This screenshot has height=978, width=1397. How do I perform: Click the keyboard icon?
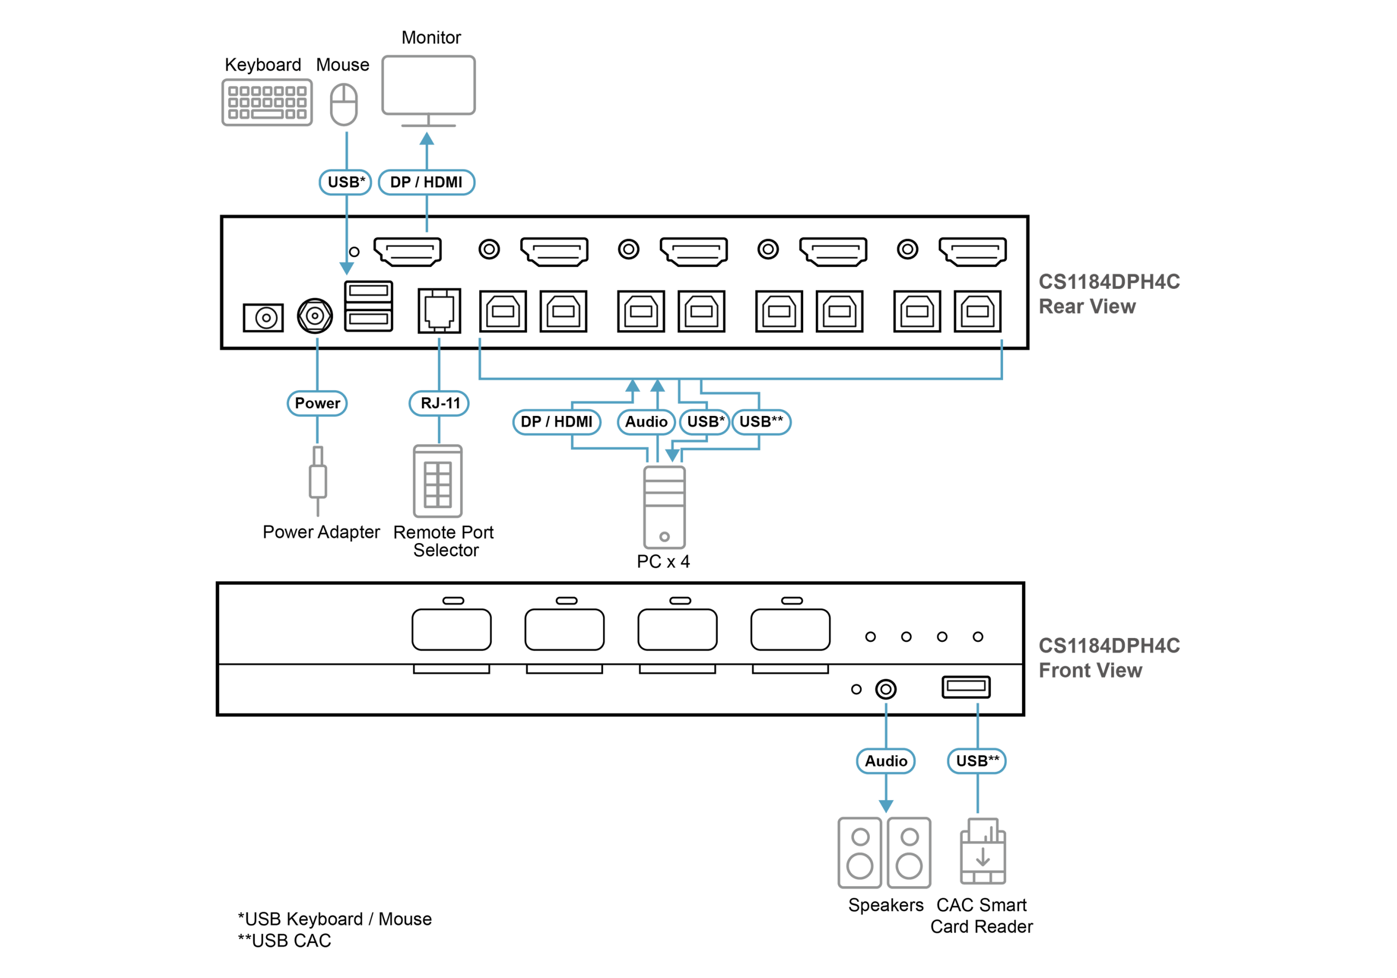267,102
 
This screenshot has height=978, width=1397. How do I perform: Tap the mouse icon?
344,105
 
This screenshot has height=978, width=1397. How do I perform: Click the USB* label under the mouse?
345,182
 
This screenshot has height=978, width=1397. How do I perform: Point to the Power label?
317,403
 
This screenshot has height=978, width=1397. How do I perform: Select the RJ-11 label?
439,403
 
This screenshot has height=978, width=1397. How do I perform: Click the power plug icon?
318,481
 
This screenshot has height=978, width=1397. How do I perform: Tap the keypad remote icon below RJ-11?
438,481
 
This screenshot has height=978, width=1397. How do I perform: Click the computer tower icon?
665,507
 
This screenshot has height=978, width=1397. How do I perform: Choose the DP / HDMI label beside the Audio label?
557,422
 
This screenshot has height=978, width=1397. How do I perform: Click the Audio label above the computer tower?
646,422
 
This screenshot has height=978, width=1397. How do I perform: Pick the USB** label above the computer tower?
761,422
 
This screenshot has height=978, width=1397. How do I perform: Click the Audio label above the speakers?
886,761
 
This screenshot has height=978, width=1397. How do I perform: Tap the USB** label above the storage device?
977,761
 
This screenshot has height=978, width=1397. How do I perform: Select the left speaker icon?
859,852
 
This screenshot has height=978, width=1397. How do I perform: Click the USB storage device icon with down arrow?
983,852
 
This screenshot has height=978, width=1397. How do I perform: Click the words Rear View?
1086,307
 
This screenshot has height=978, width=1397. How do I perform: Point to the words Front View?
1090,671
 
